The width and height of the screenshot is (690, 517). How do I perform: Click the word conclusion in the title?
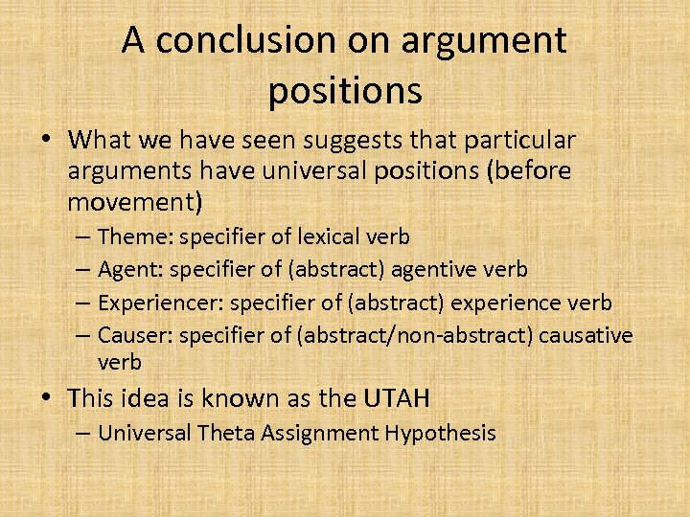pos(230,41)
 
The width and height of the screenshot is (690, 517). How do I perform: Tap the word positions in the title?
pos(344,90)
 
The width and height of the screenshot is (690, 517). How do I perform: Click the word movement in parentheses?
pos(131,202)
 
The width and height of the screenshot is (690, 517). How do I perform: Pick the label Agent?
pos(133,270)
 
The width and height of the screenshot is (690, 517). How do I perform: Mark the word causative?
pos(586,335)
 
